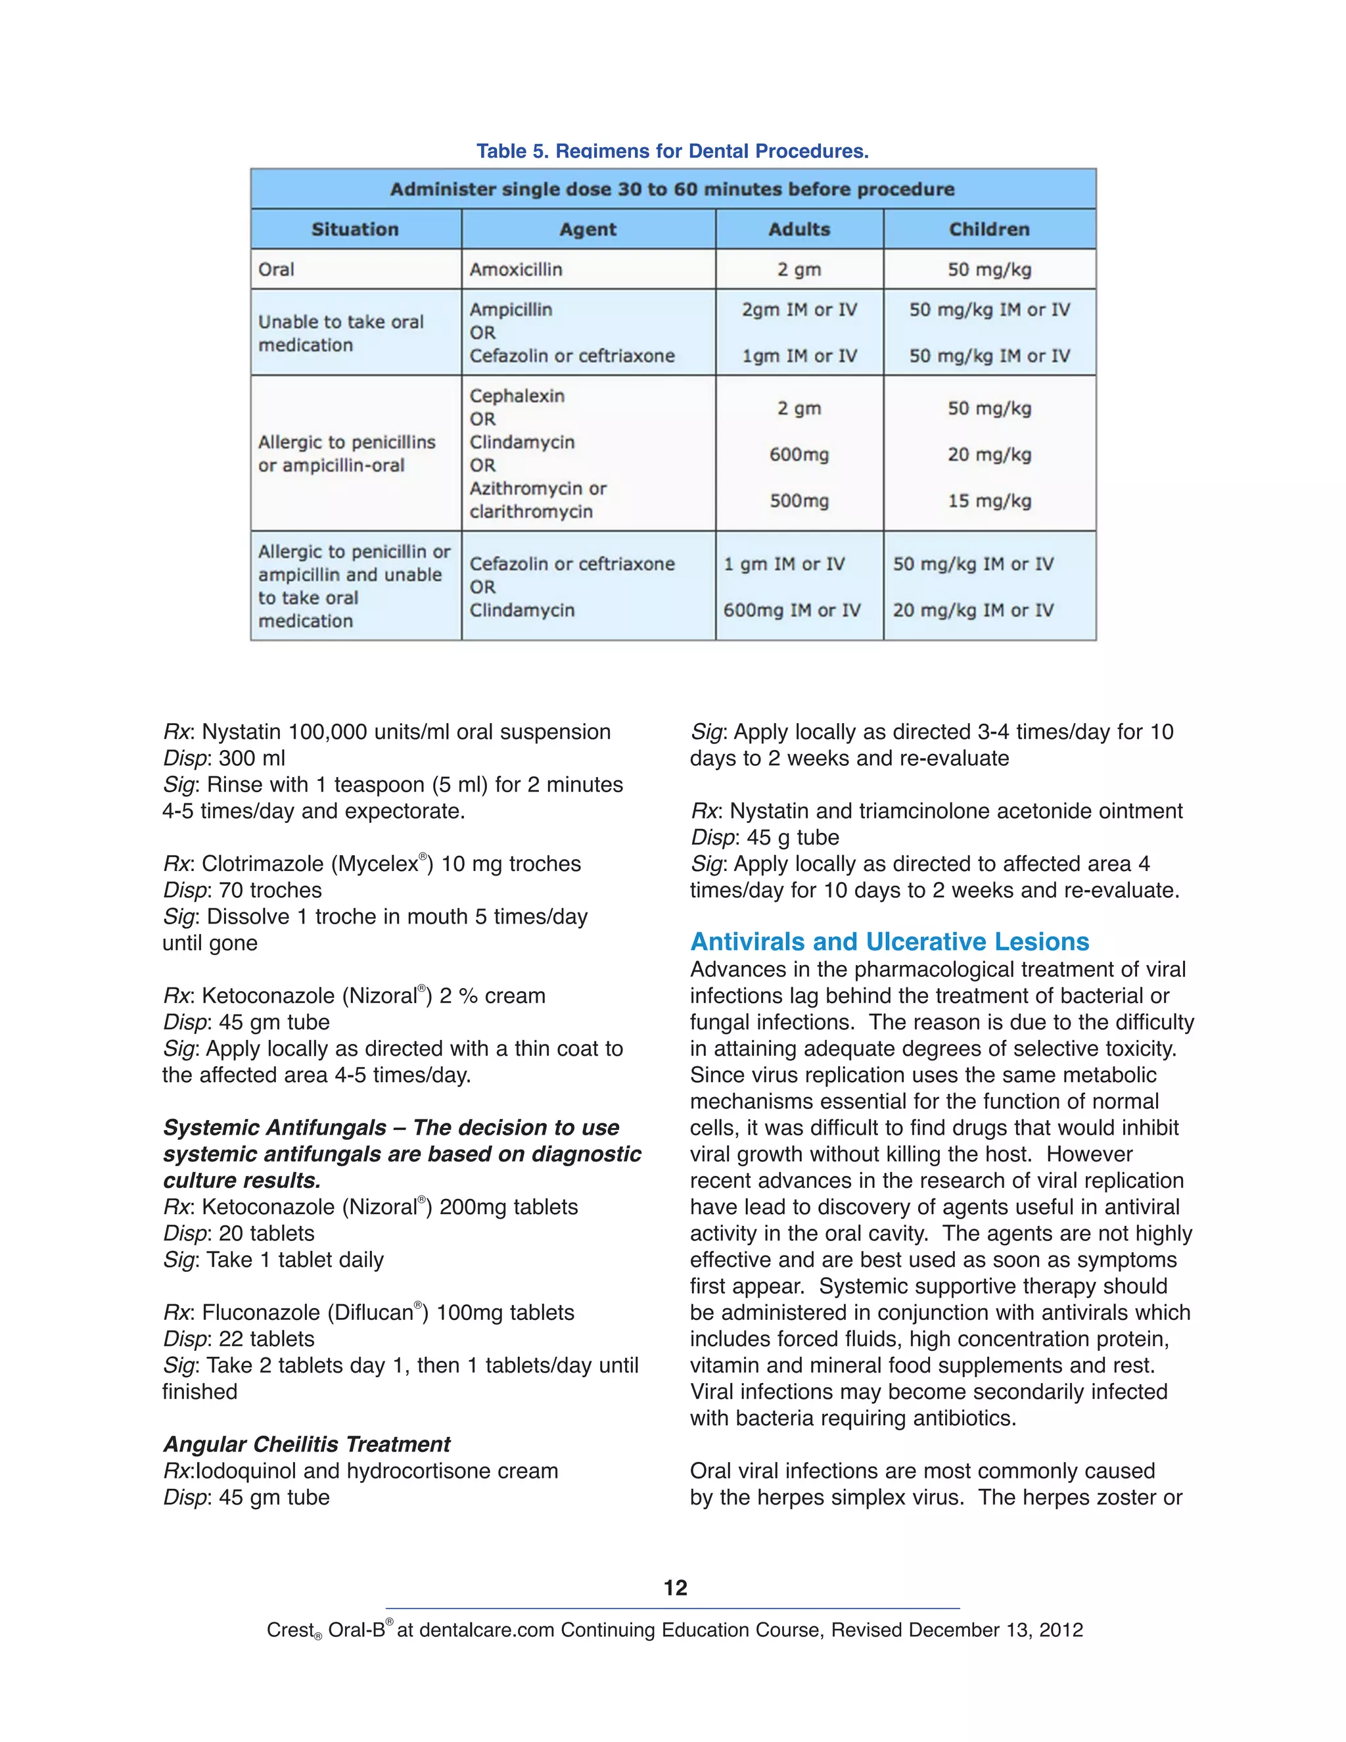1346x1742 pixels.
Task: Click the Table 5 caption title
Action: (x=672, y=151)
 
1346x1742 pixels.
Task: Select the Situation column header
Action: (x=355, y=229)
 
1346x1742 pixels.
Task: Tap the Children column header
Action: (x=988, y=229)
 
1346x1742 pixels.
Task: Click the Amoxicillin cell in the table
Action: (x=515, y=270)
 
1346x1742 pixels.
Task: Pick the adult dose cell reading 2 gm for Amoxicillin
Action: (x=799, y=270)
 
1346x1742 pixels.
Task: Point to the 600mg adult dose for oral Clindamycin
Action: (x=799, y=455)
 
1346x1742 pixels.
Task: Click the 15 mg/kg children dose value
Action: (x=988, y=501)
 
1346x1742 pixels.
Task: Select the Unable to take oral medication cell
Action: (x=340, y=333)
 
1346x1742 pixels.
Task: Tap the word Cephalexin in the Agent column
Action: (x=517, y=396)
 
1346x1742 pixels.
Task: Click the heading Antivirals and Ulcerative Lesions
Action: (x=889, y=942)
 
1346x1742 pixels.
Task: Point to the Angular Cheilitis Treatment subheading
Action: (x=307, y=1444)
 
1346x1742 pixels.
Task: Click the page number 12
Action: (x=674, y=1588)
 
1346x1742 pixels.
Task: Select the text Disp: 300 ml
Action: (x=224, y=759)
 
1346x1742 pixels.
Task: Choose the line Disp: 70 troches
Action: (x=243, y=890)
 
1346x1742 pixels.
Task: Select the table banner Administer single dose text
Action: (x=672, y=190)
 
